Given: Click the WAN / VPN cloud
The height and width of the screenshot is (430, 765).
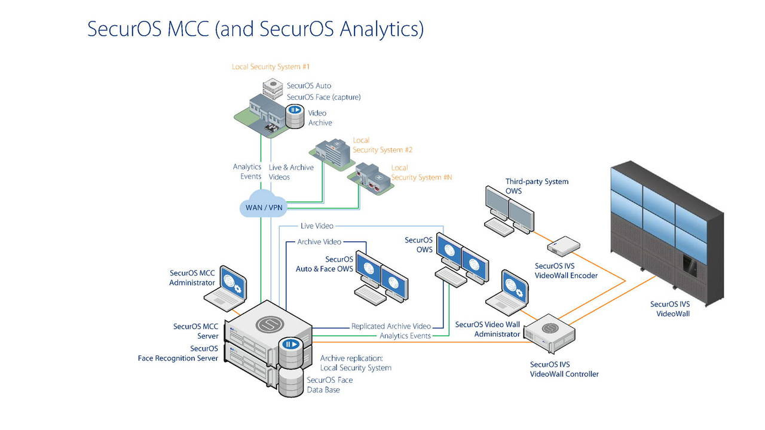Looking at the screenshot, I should pos(264,207).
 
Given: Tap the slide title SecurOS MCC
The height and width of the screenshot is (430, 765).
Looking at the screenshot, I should pos(255,29).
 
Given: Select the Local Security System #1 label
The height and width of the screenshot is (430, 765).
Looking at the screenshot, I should pos(271,67).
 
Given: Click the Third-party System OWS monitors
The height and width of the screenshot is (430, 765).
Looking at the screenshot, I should pos(508,210).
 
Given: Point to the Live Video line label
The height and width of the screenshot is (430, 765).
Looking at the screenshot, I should pos(317,226).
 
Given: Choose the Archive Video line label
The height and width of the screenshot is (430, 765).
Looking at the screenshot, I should pos(319,242).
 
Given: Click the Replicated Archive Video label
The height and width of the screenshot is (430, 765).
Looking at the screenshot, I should pos(391,327).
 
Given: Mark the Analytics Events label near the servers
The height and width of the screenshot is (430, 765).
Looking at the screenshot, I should pos(405,336).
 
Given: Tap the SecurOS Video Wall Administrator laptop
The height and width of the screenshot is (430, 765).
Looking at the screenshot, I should pos(507,292).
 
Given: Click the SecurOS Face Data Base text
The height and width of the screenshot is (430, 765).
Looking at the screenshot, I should pos(329,385).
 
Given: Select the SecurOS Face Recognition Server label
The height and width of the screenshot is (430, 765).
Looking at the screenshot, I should pos(178,353).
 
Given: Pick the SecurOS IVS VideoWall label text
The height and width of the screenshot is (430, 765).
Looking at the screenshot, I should pos(669,309).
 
